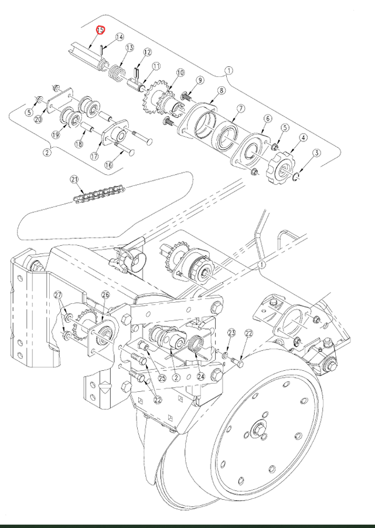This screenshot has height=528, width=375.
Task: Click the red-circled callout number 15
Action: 100,30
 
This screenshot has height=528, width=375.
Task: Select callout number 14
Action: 120,37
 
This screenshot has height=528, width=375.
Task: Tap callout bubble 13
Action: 129,48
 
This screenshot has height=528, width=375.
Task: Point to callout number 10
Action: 179,73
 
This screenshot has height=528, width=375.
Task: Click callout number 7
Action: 240,109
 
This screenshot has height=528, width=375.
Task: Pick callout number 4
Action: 304,138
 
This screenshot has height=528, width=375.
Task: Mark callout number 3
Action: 316,154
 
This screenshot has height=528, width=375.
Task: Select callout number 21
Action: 74,179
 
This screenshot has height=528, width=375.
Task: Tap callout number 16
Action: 108,165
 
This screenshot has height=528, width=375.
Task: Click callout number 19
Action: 56,135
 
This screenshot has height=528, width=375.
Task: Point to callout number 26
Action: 105,295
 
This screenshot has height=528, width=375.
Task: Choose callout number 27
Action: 58,295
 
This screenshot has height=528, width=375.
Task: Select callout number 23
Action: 231,333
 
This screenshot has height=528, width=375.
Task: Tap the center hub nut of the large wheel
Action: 257,432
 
